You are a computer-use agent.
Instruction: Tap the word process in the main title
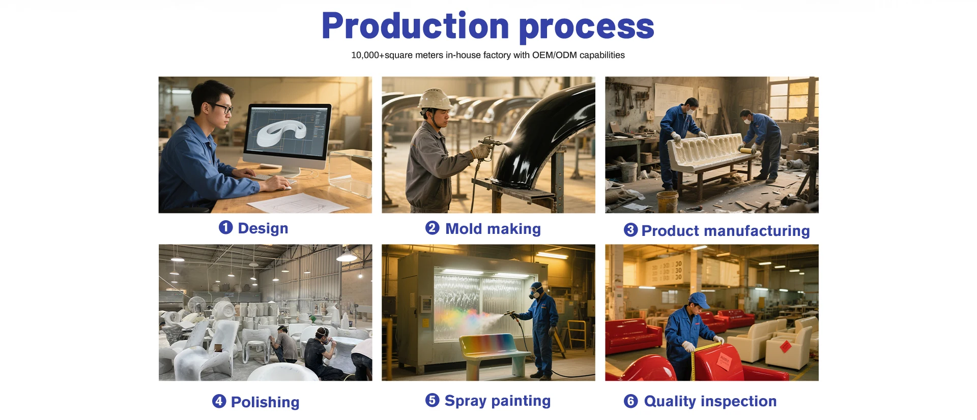pos(586,28)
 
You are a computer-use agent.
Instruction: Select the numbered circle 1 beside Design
pos(225,227)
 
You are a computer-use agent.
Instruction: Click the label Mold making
pos(493,229)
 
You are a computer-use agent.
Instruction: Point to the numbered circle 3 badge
pos(630,230)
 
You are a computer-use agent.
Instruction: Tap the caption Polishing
pos(265,402)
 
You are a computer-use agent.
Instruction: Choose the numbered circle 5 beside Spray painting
pos(432,400)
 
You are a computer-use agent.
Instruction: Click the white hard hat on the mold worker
pos(434,99)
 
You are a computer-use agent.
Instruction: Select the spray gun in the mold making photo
pos(490,144)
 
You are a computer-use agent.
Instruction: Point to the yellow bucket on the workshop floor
pos(668,201)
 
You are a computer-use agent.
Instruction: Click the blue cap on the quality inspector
pos(699,300)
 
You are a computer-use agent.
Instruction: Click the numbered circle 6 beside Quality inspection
pos(630,401)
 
